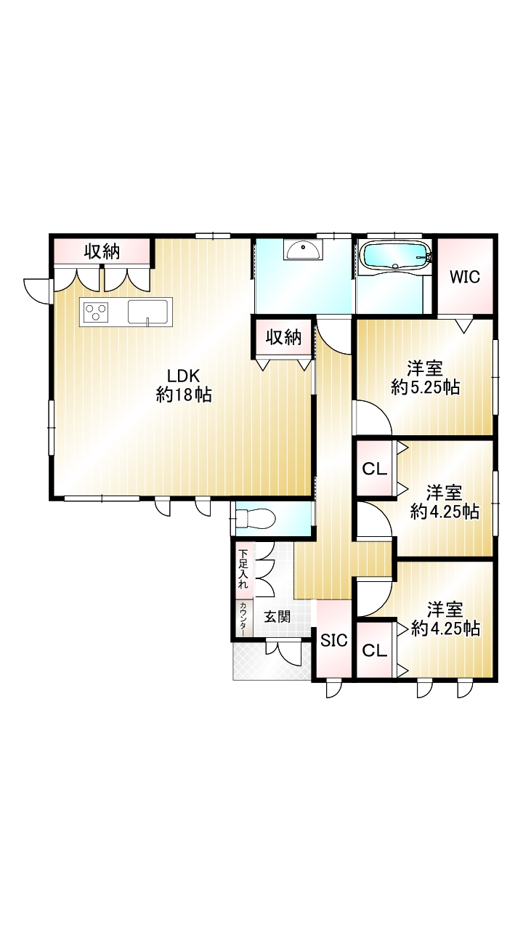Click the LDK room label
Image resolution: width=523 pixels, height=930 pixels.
[x=184, y=376]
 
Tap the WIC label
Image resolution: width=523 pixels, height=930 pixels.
[x=465, y=277]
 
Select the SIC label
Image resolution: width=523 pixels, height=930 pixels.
[x=334, y=640]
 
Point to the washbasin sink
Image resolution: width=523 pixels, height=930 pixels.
[x=303, y=251]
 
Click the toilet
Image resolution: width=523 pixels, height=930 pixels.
[x=254, y=518]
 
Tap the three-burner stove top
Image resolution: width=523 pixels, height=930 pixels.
[x=97, y=312]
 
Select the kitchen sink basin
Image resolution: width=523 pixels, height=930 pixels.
[x=147, y=311]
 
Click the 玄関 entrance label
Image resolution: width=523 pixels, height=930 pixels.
[x=277, y=617]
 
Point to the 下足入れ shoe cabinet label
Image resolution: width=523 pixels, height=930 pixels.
[x=243, y=569]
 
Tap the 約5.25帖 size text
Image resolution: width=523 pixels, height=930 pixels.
[x=426, y=387]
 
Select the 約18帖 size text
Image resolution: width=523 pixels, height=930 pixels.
[x=184, y=395]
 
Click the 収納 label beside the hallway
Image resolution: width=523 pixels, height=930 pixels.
[x=283, y=338]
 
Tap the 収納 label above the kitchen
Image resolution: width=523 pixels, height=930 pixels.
[x=102, y=251]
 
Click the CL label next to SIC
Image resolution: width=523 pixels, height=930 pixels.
[x=374, y=651]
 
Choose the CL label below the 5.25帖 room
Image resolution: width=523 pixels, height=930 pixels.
[x=374, y=469]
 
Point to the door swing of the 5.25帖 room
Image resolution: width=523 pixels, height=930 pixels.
[x=373, y=417]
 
